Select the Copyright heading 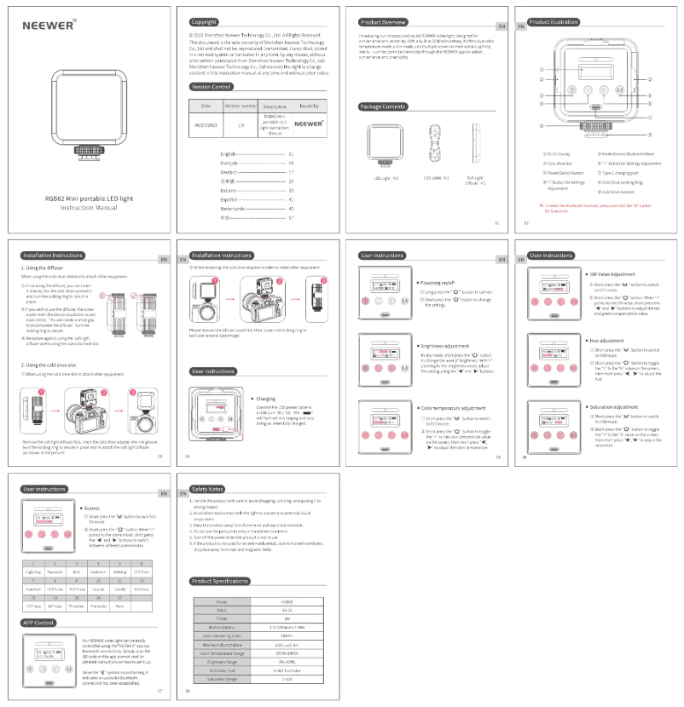tap(205, 21)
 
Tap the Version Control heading tap(211, 87)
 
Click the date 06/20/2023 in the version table tap(206, 123)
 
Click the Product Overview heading tap(383, 21)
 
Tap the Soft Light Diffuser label tap(476, 180)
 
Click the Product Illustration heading tap(554, 21)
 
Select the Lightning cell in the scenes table tap(33, 572)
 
